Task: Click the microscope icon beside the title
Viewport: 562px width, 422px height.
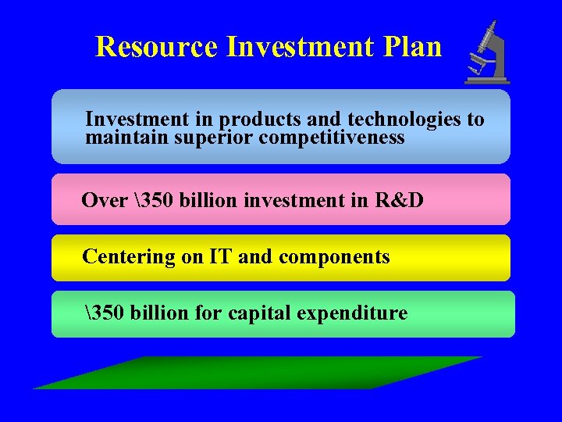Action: pos(488,53)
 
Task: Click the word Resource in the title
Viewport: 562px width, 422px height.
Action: pos(156,47)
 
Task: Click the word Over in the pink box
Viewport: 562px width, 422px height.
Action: pos(104,201)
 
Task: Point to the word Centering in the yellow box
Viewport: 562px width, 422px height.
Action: pos(129,256)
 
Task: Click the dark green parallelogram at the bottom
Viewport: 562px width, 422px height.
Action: pos(258,373)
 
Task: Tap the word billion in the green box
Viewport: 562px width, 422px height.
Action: pos(159,313)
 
